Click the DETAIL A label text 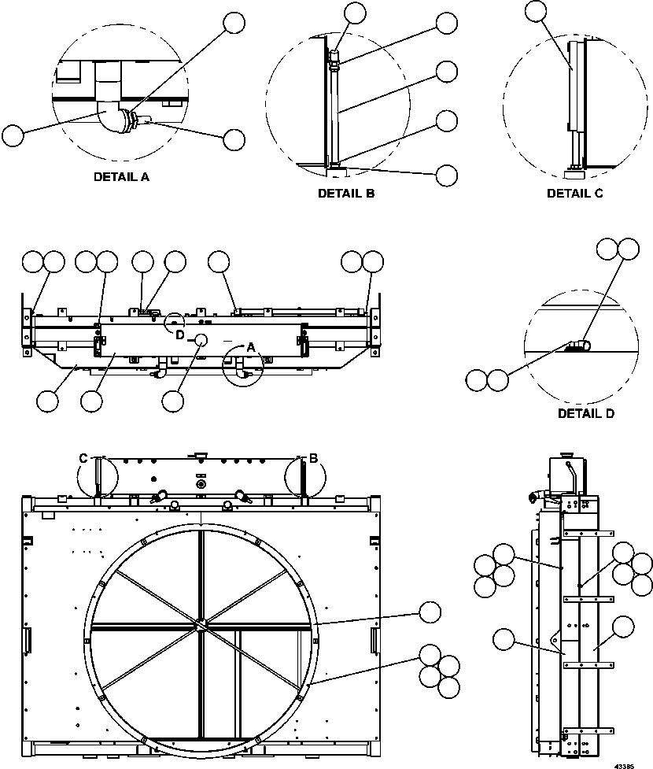(x=121, y=177)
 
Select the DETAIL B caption (x=346, y=193)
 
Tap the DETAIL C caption (x=574, y=193)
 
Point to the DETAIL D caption (x=586, y=413)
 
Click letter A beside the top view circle (x=251, y=347)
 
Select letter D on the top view (x=180, y=335)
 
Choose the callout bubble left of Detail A (x=13, y=135)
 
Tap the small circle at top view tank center (x=201, y=339)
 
